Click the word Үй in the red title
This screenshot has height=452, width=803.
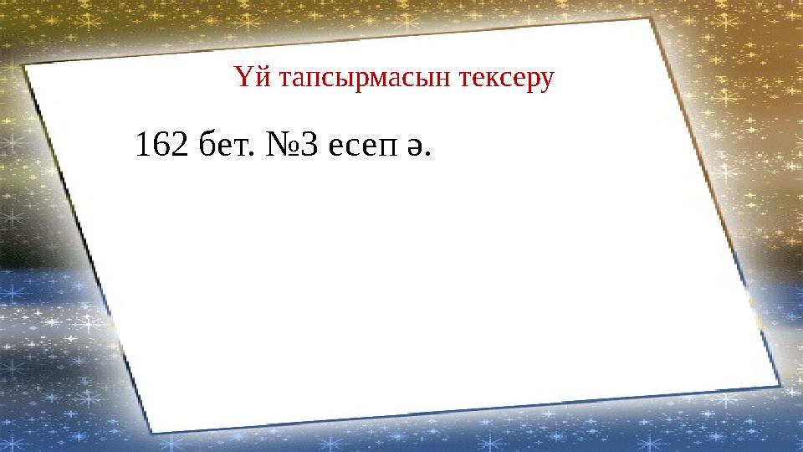[249, 80]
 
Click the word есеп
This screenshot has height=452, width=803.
[361, 149]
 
